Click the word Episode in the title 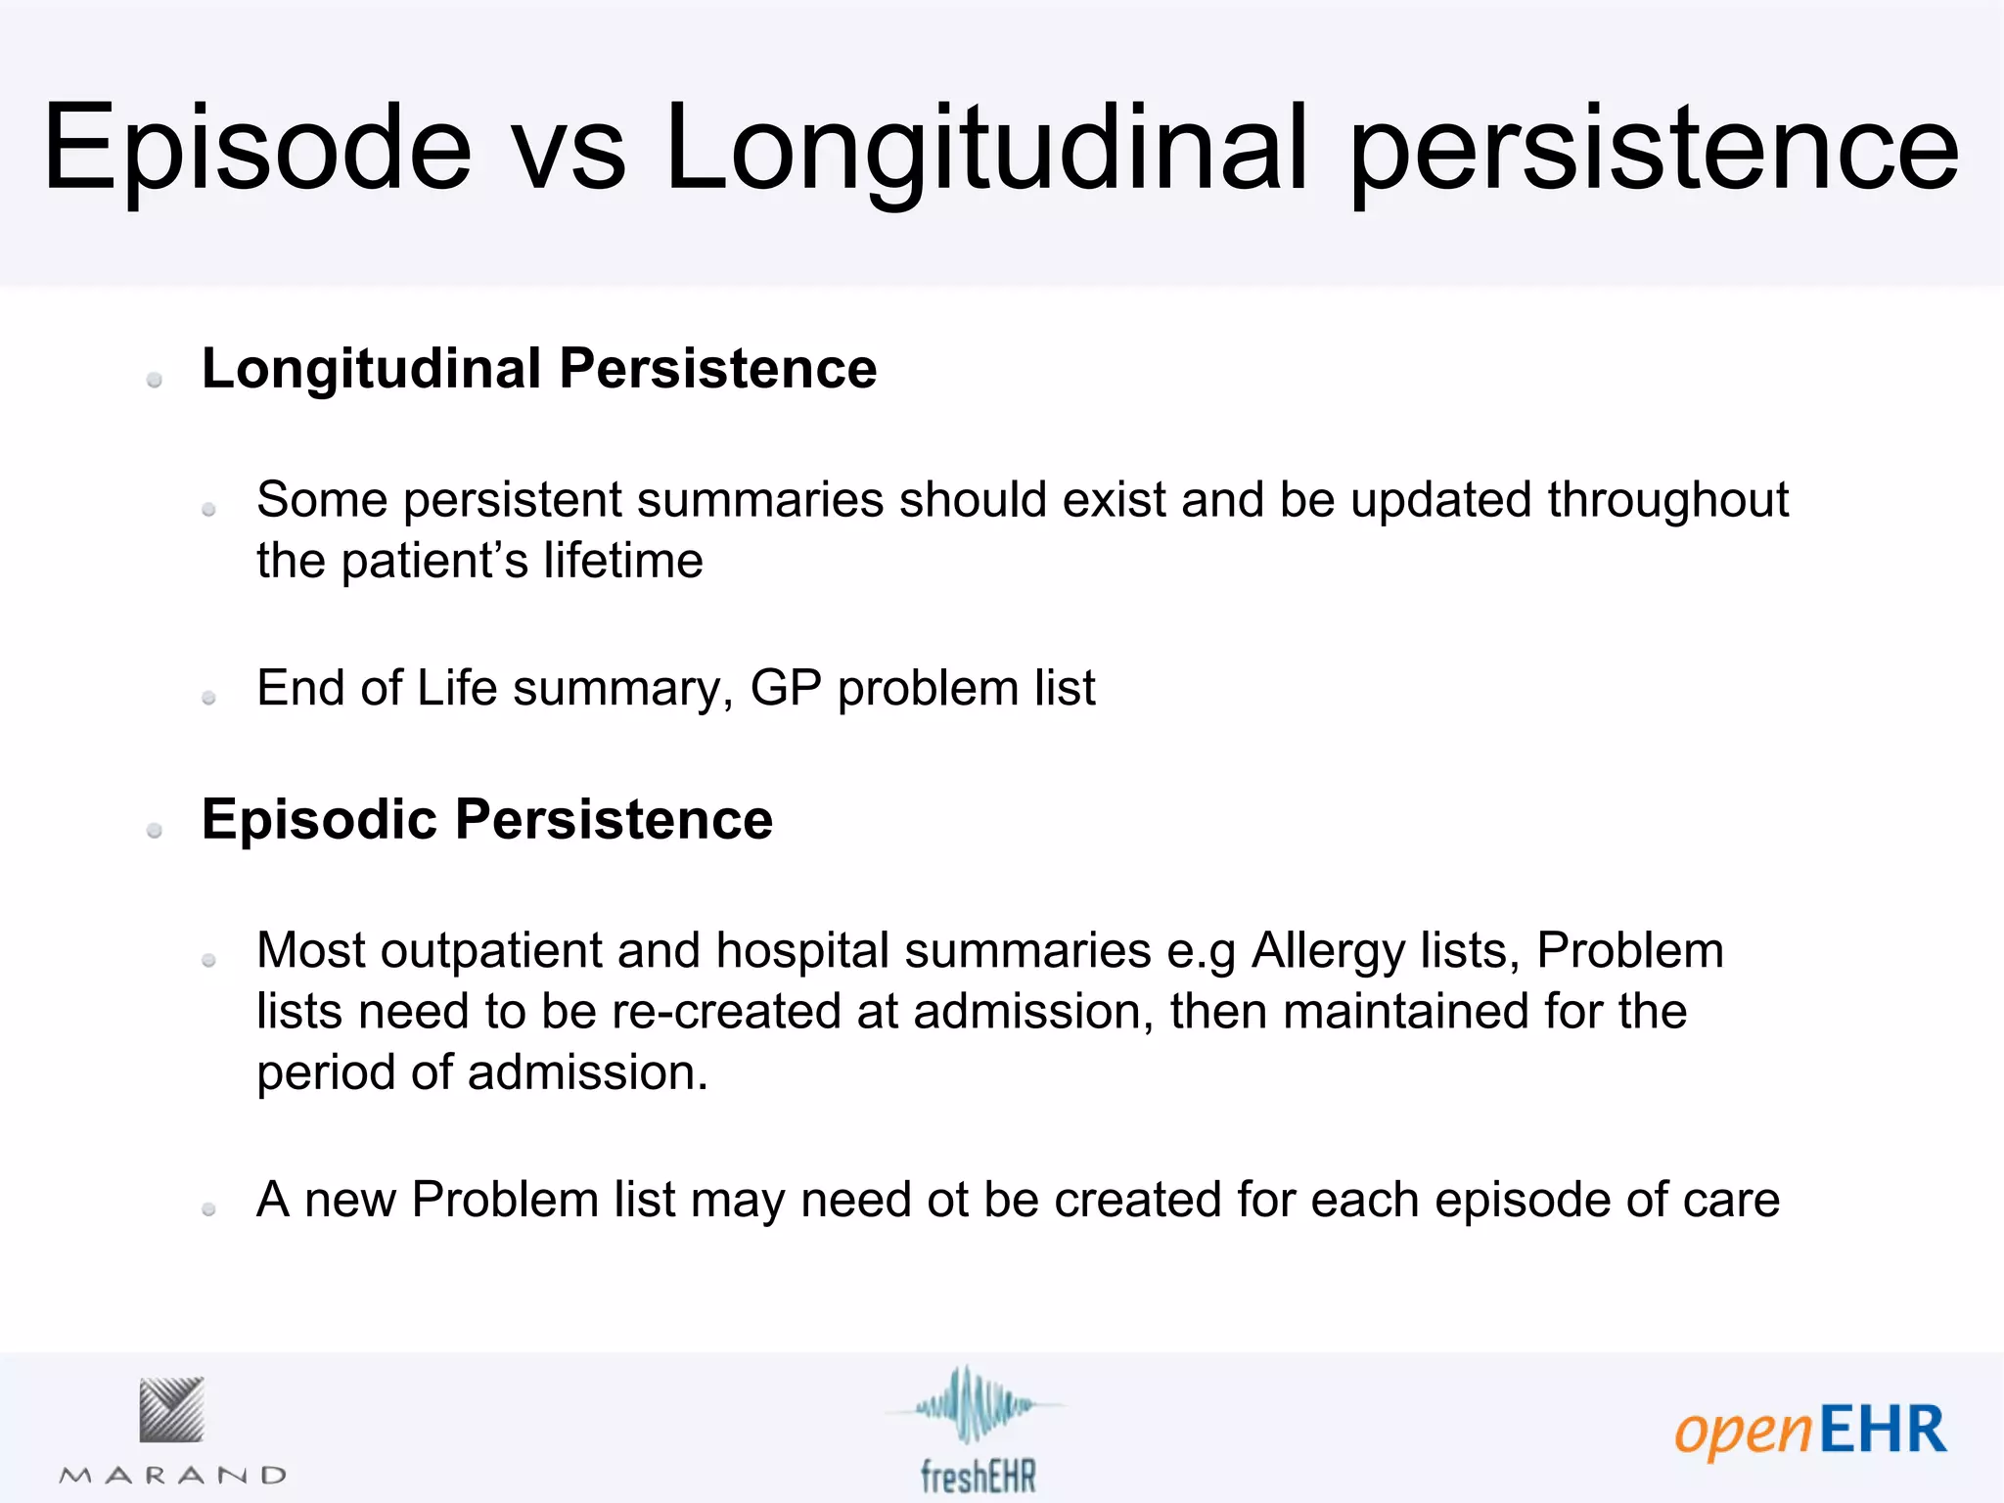tap(256, 149)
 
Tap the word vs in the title tap(569, 149)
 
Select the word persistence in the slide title tap(1653, 149)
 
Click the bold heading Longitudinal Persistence tap(538, 369)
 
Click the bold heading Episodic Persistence tap(486, 819)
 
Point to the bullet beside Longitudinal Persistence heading tap(155, 380)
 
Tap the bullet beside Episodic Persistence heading tap(155, 831)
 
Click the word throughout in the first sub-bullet tap(1667, 500)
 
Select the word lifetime tap(623, 561)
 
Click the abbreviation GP tap(785, 688)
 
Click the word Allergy tap(1328, 951)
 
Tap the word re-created tap(725, 1012)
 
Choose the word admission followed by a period tap(587, 1072)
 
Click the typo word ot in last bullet tap(947, 1200)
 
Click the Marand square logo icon tap(171, 1410)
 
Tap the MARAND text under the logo tap(173, 1476)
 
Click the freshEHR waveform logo tap(973, 1407)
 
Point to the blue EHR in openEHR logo tap(1883, 1431)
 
